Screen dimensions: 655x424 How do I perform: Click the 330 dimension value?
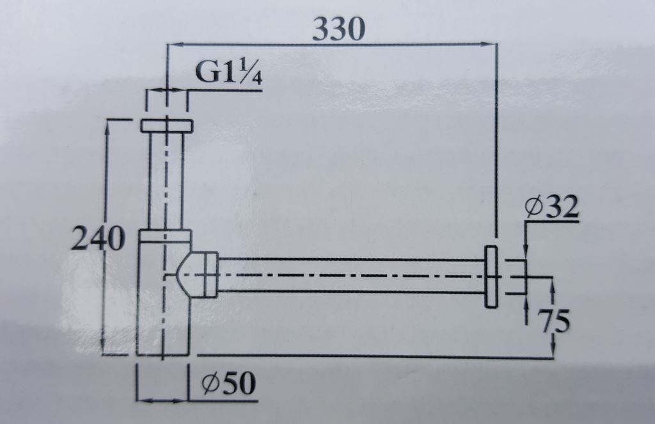[x=339, y=29]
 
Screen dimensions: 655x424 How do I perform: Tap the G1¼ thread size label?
[x=229, y=73]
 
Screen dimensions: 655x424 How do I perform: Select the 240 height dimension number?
[x=98, y=238]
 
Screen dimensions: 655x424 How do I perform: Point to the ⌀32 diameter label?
[x=552, y=207]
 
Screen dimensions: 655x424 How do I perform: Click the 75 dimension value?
[x=553, y=321]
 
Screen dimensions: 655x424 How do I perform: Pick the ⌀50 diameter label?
[x=228, y=383]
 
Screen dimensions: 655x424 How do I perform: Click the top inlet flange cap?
[x=167, y=126]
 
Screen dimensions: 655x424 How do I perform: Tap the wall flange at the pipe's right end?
[x=491, y=277]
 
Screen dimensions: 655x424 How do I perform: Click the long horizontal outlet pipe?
[x=352, y=275]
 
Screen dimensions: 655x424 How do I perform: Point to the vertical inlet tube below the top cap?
[x=167, y=181]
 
